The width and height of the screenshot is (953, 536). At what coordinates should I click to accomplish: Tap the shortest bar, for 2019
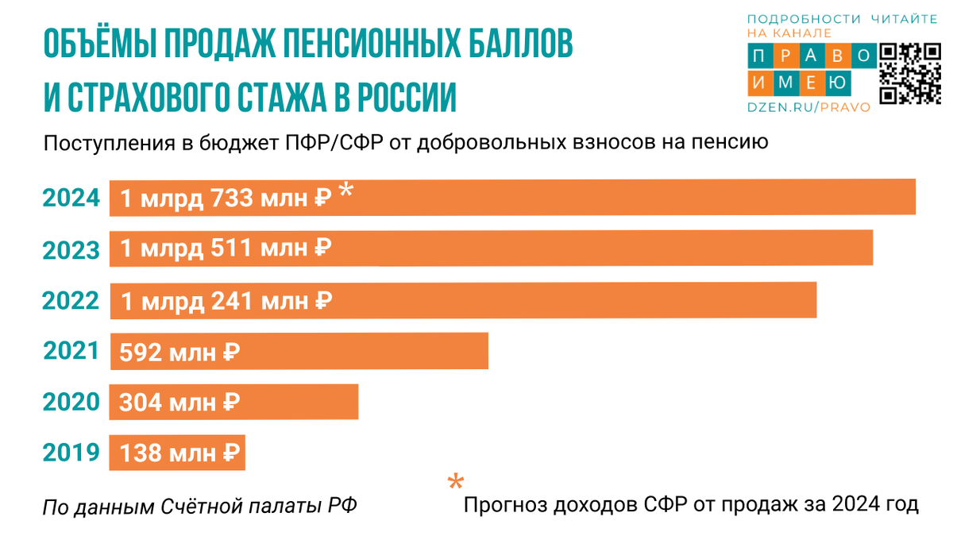click(x=177, y=453)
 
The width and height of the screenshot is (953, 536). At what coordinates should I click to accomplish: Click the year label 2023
click(x=71, y=251)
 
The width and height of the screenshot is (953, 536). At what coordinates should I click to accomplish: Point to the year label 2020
click(x=71, y=403)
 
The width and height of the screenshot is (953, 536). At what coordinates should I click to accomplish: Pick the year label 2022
click(x=71, y=302)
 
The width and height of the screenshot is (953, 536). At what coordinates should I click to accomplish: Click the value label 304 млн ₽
click(x=179, y=403)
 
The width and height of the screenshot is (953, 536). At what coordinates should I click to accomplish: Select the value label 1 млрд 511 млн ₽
click(x=226, y=249)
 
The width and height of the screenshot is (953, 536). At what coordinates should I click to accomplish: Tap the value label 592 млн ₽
click(x=179, y=352)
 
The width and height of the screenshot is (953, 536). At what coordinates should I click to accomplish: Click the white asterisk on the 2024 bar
click(x=345, y=191)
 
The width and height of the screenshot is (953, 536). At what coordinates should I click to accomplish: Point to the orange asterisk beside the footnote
click(x=455, y=482)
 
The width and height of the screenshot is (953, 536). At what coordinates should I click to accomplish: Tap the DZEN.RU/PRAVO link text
click(x=808, y=107)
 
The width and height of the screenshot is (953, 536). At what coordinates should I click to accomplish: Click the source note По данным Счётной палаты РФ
click(x=199, y=506)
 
